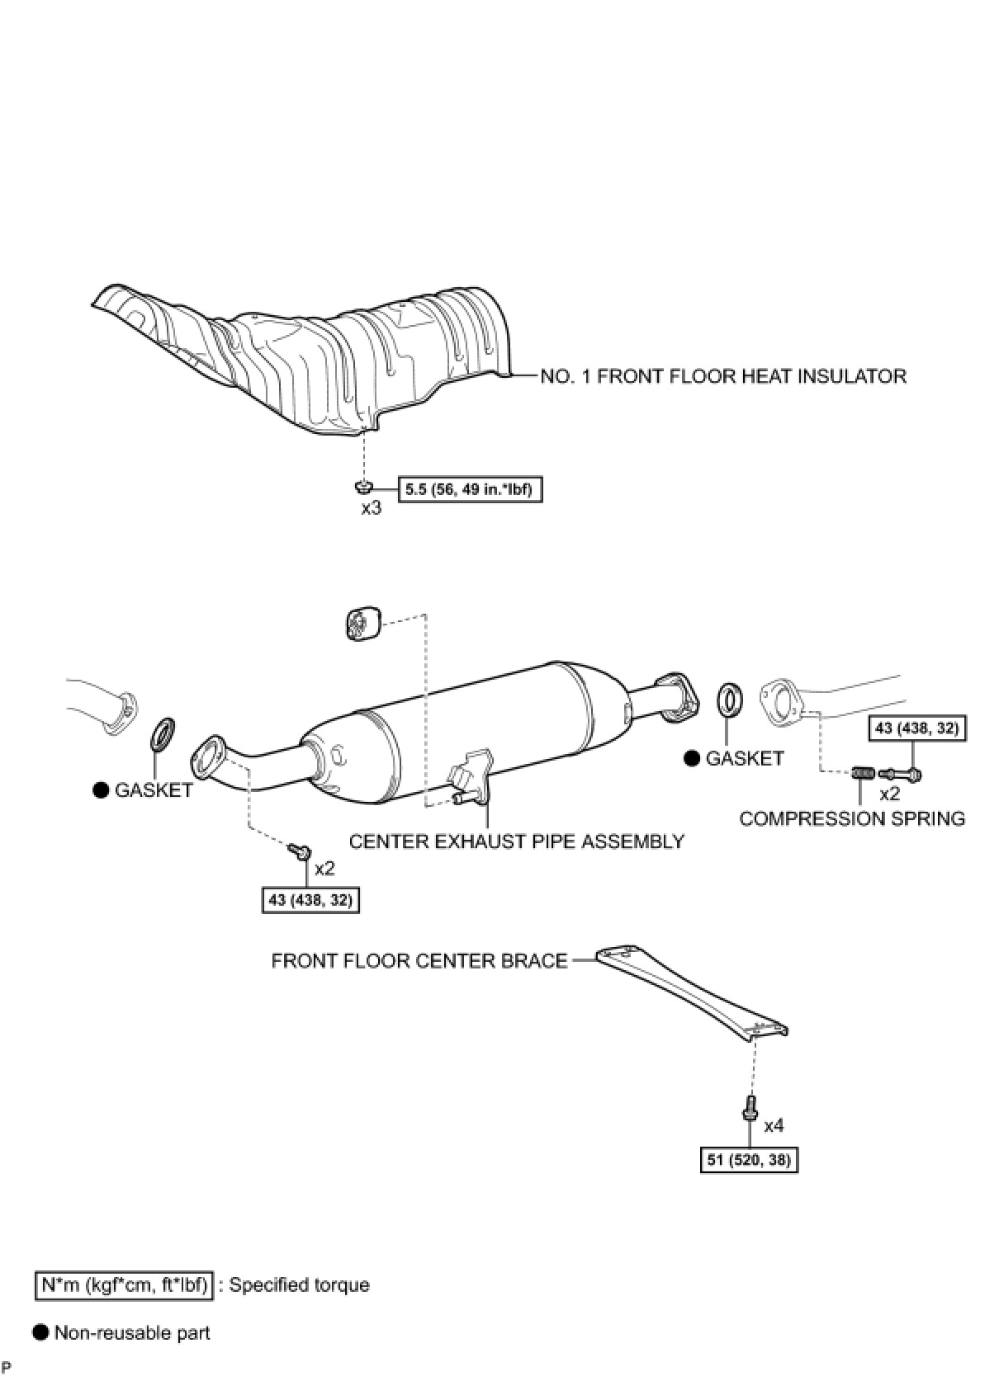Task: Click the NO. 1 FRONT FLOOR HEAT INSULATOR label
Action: (x=722, y=376)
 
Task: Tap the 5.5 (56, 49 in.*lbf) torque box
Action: (x=470, y=490)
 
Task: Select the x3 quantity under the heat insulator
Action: (x=371, y=508)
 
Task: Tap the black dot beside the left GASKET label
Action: (x=101, y=790)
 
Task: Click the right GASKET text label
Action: (x=744, y=758)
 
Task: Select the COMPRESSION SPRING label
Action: (x=852, y=818)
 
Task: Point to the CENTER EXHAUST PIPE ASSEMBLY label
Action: (x=517, y=841)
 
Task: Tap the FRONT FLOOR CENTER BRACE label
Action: (x=419, y=961)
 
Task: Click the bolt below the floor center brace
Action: (x=750, y=1106)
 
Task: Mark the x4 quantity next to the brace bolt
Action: (x=774, y=1125)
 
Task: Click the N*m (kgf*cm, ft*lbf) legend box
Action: (x=125, y=1284)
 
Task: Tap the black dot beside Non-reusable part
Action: (x=40, y=1332)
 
